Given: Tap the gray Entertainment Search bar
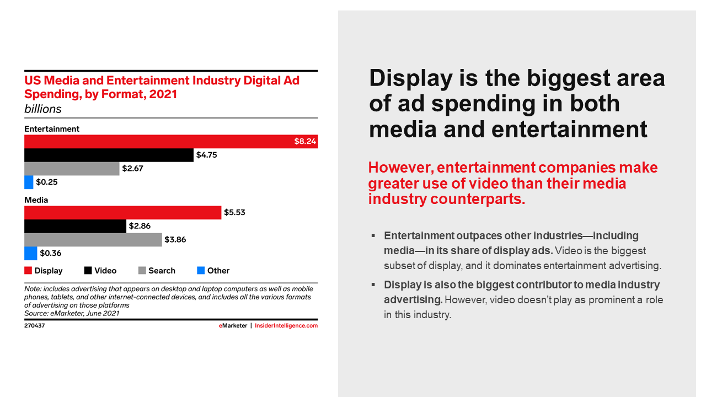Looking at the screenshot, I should pos(72,169).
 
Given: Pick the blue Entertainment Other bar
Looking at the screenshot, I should pos(29,182).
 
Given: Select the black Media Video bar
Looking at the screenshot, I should pos(75,226).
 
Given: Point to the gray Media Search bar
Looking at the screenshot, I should pos(93,240).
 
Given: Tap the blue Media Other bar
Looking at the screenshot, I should pos(30,253).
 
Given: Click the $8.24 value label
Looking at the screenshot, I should pos(305,142).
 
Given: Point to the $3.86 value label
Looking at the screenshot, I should pos(176,240).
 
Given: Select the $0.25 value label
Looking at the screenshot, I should pos(47,182).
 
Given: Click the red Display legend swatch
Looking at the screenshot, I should pos(28,271).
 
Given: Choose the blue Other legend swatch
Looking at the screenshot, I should pos(201,271).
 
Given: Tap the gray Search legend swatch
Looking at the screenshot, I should pos(142,271).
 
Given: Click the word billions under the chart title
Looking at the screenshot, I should pos(43,109).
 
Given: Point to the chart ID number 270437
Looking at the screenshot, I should pos(34,326).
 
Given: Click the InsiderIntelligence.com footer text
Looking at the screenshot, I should pos(286,326).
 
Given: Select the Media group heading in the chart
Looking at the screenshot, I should pos(36,200).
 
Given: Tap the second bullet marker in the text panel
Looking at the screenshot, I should pos(373,285).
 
